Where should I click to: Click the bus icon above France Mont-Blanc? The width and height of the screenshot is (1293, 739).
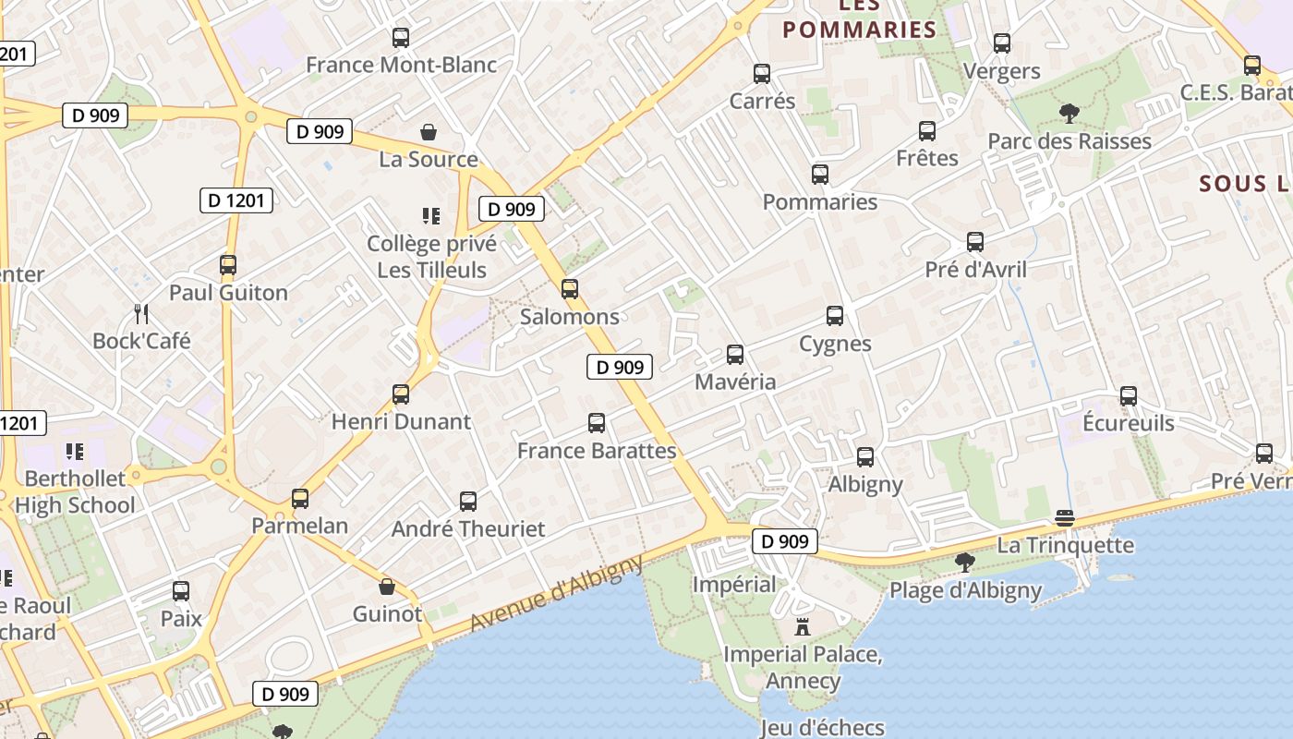tap(401, 38)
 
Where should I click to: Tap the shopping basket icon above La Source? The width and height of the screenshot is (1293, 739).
tap(429, 132)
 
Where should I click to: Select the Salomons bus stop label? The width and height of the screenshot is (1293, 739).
tap(570, 317)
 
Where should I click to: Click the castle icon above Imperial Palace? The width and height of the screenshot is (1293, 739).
tap(803, 627)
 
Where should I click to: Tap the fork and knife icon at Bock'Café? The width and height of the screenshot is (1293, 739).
tap(141, 313)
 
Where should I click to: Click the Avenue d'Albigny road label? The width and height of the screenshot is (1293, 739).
tap(556, 593)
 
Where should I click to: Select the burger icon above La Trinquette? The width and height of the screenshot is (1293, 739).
tap(1065, 518)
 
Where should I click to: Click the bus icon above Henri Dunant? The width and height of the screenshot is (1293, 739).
tap(401, 394)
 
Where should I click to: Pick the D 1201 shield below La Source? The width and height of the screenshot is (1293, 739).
tap(236, 200)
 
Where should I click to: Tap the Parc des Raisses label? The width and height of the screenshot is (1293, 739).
tap(1069, 141)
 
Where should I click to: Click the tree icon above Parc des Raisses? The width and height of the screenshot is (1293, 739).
tap(1069, 114)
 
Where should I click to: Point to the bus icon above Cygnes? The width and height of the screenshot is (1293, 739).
tap(835, 316)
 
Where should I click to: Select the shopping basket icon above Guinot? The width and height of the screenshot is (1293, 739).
tap(388, 587)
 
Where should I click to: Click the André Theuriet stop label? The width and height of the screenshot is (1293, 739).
tap(468, 529)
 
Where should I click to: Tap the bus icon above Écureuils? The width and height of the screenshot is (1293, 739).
tap(1129, 396)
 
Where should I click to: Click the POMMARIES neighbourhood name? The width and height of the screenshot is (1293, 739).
tap(860, 30)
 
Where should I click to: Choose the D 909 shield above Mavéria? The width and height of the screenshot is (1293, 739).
tap(620, 367)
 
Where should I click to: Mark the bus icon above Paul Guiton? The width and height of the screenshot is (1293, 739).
tap(228, 265)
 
